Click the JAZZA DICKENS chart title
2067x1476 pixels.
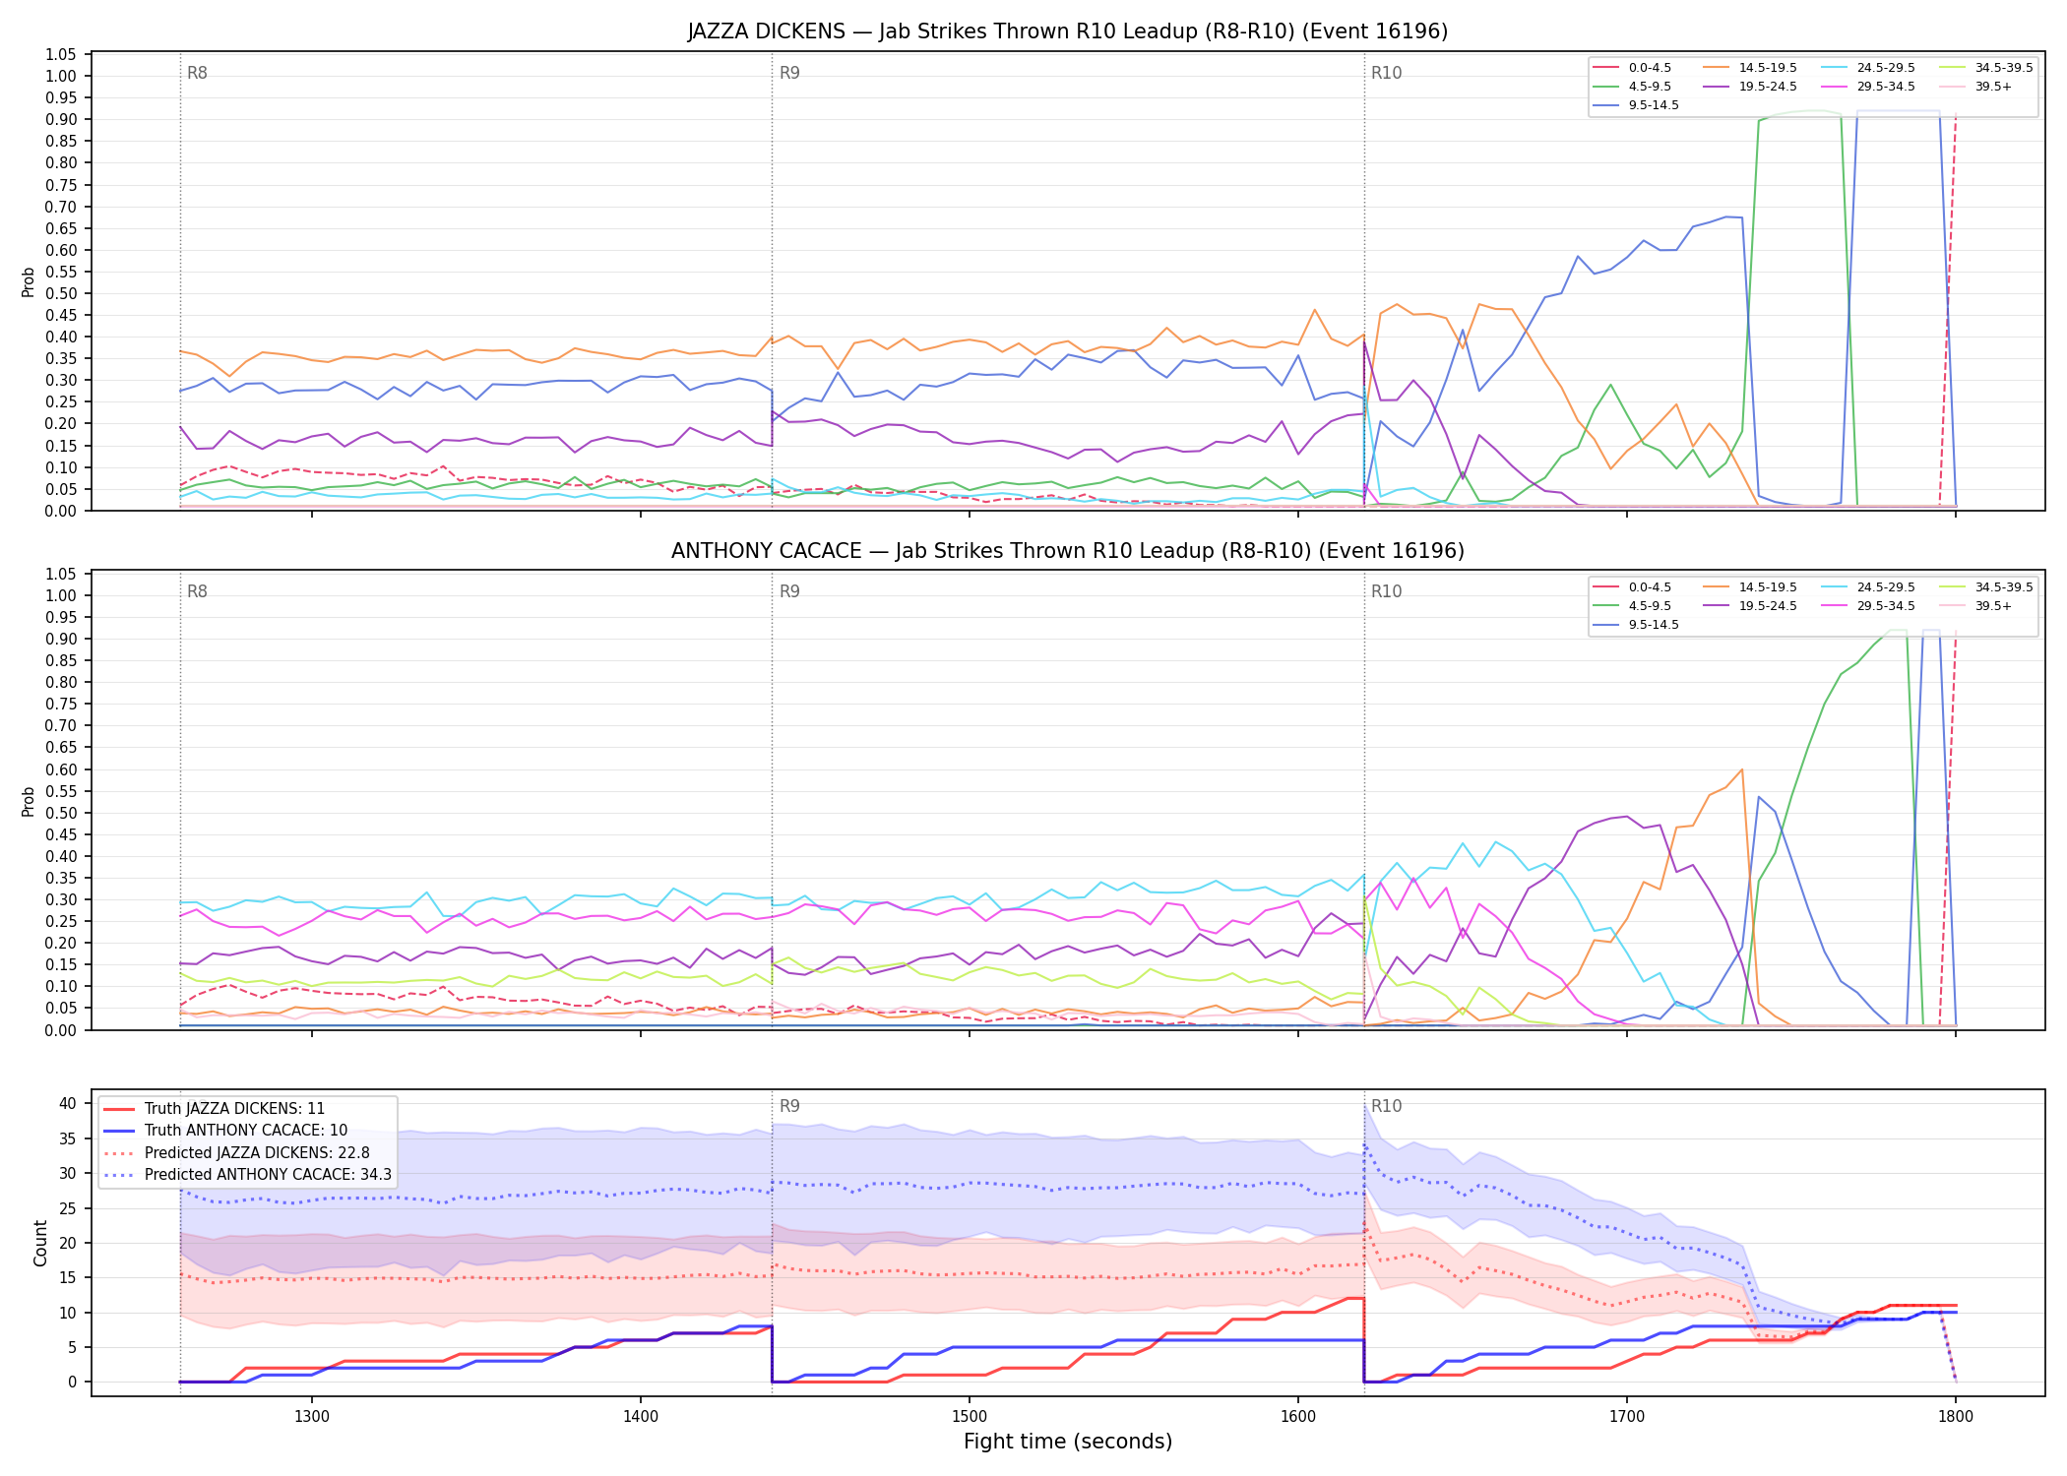[x=1068, y=31]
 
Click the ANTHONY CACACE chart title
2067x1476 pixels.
[x=1068, y=551]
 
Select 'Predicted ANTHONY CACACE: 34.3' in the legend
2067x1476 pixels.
[x=247, y=1175]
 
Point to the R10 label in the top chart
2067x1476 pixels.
[x=1386, y=73]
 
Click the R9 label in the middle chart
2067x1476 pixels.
[x=789, y=591]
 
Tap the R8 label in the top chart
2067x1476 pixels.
[x=197, y=73]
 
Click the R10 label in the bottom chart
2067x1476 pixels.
[x=1386, y=1106]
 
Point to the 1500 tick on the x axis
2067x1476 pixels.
[x=970, y=1417]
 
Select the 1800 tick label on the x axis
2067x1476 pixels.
[x=1956, y=1417]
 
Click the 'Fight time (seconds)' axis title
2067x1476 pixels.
[x=1068, y=1442]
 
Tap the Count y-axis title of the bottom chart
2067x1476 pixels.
[x=40, y=1243]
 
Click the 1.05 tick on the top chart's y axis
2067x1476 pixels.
[x=61, y=54]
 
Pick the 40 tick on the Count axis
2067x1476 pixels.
[x=68, y=1103]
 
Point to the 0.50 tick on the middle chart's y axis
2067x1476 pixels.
[x=61, y=813]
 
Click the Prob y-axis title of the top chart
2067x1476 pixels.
[x=29, y=281]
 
